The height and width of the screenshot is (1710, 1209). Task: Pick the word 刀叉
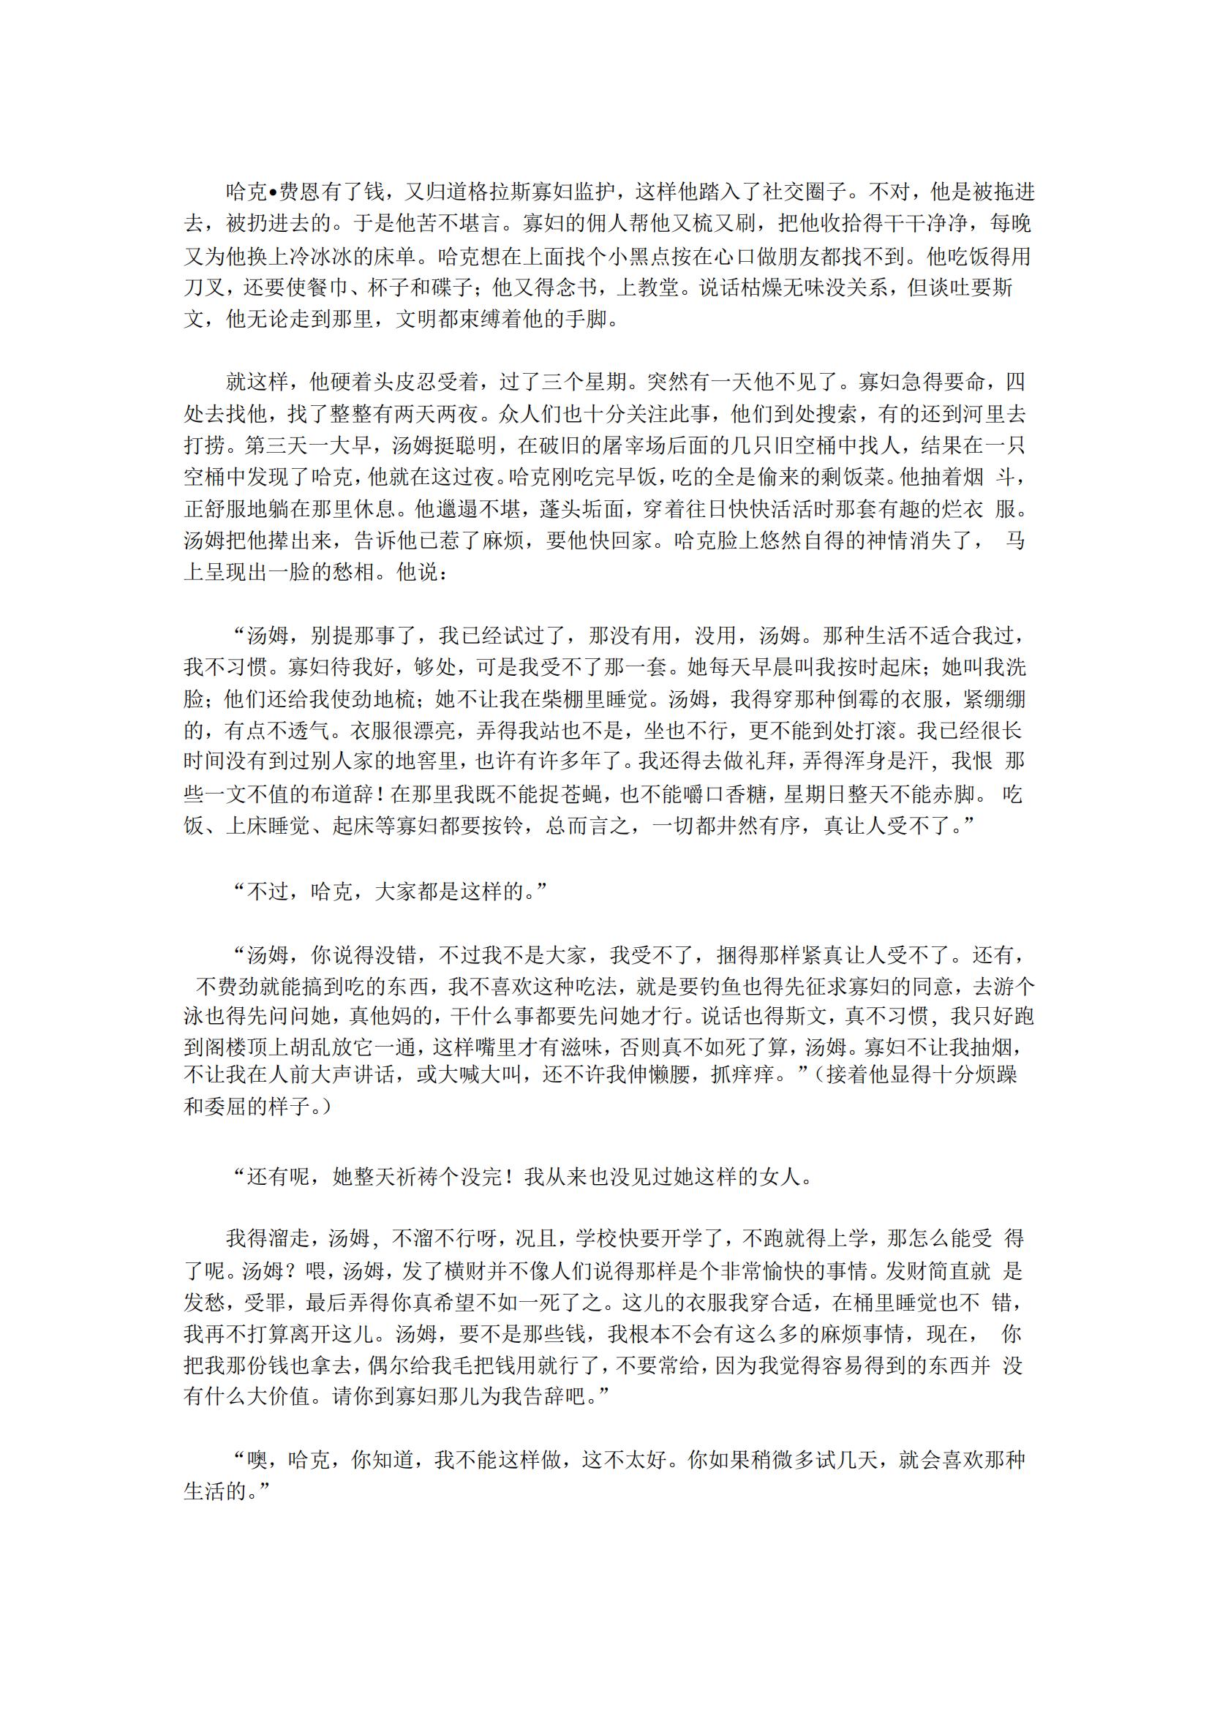(205, 288)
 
